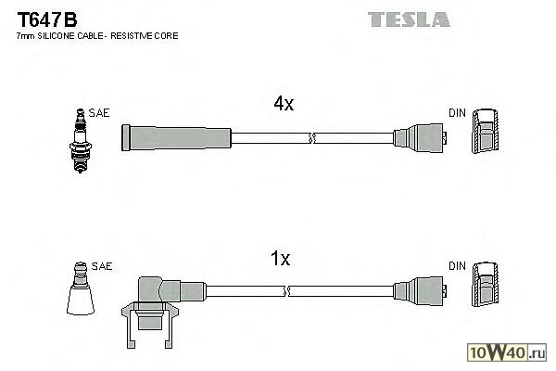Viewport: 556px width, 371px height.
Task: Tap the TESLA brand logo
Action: point(408,19)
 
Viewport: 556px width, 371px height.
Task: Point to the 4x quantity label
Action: point(283,105)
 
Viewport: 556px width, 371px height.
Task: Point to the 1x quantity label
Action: point(281,261)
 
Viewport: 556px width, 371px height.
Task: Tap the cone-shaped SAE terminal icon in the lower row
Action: point(82,292)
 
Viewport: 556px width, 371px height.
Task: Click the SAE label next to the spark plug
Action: point(100,112)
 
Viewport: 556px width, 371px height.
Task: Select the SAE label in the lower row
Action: point(102,266)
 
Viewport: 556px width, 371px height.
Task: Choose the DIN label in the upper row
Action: point(457,112)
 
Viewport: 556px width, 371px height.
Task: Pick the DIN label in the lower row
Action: point(457,266)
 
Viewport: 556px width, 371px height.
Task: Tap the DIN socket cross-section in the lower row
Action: point(486,288)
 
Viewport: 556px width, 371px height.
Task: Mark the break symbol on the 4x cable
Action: point(312,139)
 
